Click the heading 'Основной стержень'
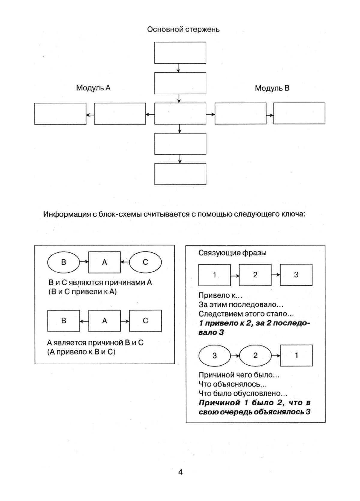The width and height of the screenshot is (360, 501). [183, 29]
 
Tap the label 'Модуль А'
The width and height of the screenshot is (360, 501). [93, 88]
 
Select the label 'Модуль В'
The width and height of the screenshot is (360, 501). [272, 88]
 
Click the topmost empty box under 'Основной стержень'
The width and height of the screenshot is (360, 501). [180, 53]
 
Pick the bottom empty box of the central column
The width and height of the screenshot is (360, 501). [180, 174]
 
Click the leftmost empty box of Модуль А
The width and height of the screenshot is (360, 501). [60, 114]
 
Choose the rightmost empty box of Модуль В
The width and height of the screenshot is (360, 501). [299, 113]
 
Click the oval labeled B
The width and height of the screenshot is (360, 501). [64, 262]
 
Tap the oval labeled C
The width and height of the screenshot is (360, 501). [145, 262]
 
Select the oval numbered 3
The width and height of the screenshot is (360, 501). [214, 355]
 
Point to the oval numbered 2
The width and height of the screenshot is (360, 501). [255, 355]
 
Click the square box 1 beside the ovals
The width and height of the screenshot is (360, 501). [296, 355]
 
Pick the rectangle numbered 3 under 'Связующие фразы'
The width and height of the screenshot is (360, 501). [296, 275]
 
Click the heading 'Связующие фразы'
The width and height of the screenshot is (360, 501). [232, 253]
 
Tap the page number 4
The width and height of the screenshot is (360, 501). [180, 472]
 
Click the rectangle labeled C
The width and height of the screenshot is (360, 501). [145, 321]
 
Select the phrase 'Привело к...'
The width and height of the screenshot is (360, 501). [220, 295]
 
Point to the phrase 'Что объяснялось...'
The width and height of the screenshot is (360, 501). [232, 384]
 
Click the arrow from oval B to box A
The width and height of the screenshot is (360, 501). [84, 262]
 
